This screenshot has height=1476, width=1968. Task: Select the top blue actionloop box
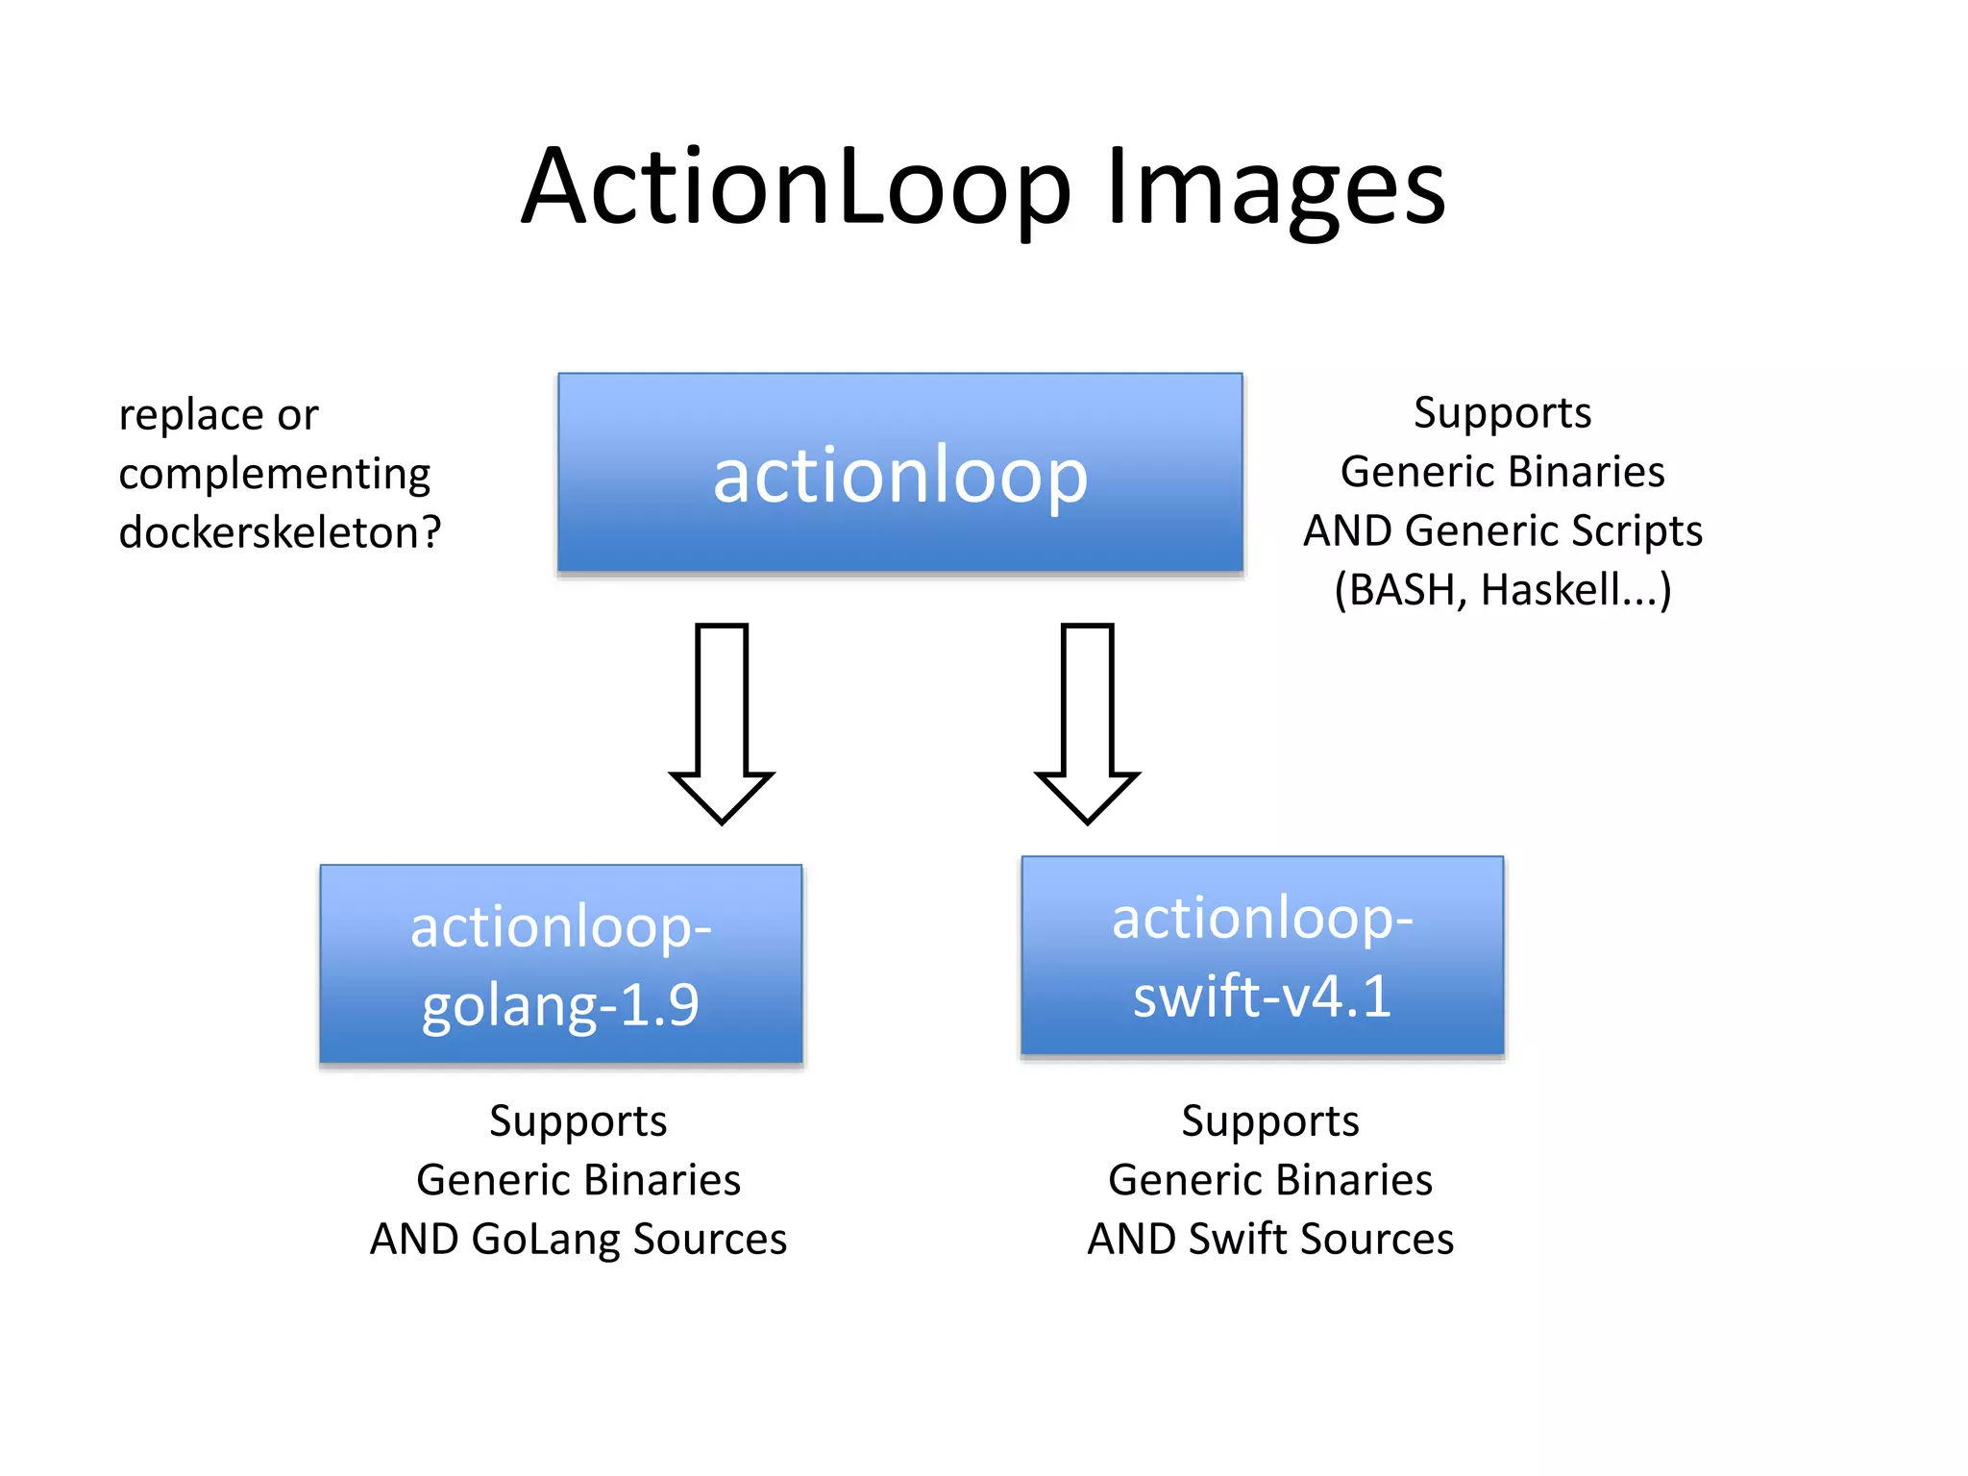pyautogui.click(x=899, y=473)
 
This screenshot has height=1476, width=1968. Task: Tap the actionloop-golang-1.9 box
pyautogui.click(x=561, y=964)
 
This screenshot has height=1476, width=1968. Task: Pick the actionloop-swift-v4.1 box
pyautogui.click(x=1262, y=955)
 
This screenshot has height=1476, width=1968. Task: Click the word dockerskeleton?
pyautogui.click(x=280, y=532)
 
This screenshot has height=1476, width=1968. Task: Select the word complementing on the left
pyautogui.click(x=274, y=474)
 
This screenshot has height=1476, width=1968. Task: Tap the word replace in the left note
pyautogui.click(x=191, y=415)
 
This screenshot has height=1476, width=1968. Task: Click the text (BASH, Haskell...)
pyautogui.click(x=1502, y=590)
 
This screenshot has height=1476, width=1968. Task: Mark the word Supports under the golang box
pyautogui.click(x=578, y=1121)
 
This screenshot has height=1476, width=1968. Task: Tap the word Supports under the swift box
pyautogui.click(x=1269, y=1121)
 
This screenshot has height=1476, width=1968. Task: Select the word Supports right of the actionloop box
pyautogui.click(x=1502, y=413)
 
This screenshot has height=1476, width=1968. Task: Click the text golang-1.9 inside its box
pyautogui.click(x=560, y=1005)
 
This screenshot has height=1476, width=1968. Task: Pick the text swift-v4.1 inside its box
pyautogui.click(x=1262, y=996)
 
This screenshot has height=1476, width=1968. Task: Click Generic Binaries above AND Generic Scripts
pyautogui.click(x=1502, y=472)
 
